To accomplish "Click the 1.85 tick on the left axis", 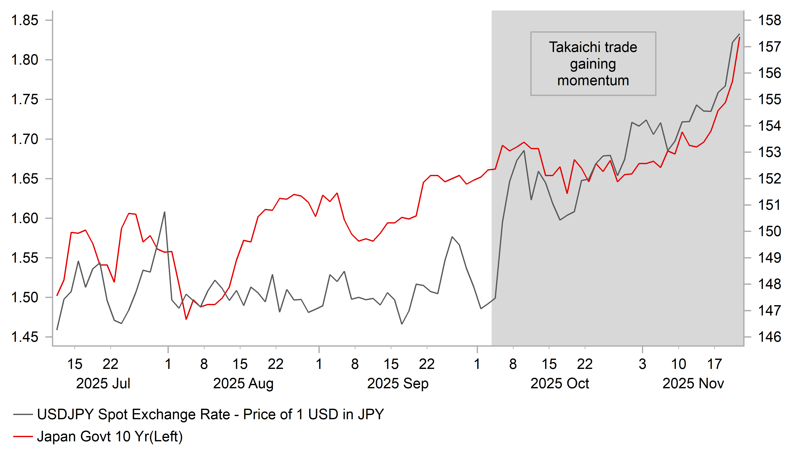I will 25,20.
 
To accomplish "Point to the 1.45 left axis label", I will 25,337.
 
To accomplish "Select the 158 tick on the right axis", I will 769,20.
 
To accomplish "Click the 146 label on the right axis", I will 769,337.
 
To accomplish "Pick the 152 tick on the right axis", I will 769,179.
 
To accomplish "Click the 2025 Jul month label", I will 103,384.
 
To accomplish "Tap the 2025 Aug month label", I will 243,384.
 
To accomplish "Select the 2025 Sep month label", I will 397,384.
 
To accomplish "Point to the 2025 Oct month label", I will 560,384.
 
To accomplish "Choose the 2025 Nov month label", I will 693,384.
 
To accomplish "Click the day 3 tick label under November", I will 642,364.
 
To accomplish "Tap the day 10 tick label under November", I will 678,364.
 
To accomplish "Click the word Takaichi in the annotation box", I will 571,47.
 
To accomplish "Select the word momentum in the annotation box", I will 593,81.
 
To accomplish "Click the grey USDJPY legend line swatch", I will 23,415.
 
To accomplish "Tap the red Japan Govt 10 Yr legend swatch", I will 23,436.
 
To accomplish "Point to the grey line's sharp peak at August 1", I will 164,212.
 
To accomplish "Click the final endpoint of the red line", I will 739,37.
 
